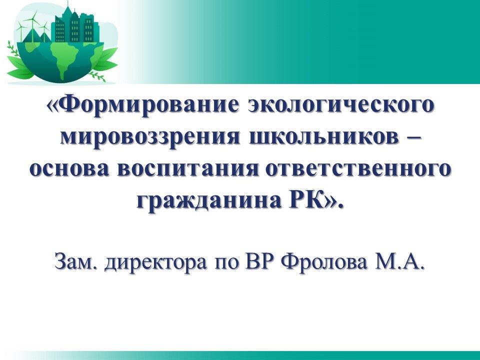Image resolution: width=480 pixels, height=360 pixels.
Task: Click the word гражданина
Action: [x=209, y=201]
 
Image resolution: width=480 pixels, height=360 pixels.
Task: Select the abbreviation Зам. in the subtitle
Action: [x=76, y=261]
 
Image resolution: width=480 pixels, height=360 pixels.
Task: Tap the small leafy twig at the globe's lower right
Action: [x=97, y=76]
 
